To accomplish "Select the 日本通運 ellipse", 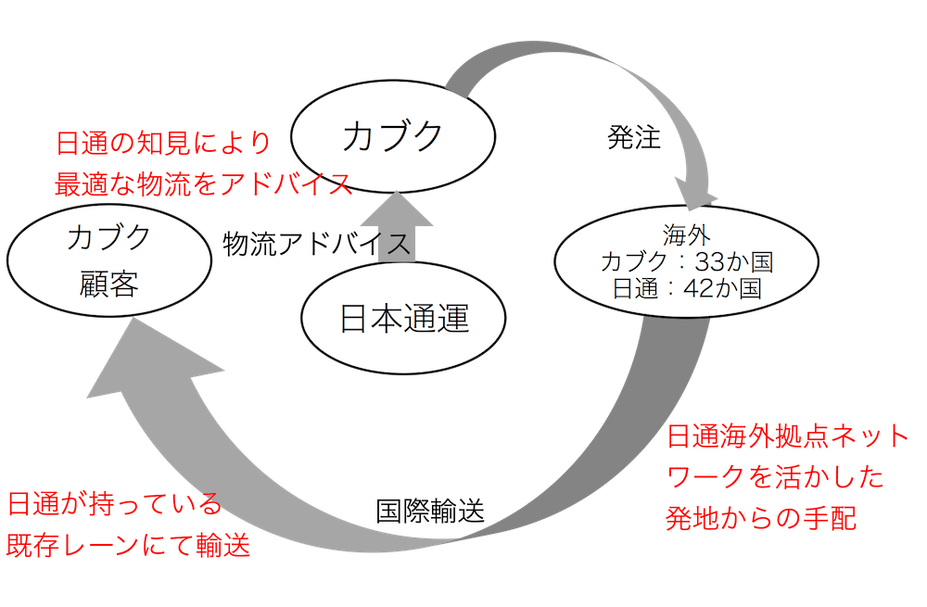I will click(x=404, y=319).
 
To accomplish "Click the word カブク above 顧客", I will click(x=108, y=238).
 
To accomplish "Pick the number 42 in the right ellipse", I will click(x=683, y=288).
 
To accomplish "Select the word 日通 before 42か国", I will click(x=634, y=288).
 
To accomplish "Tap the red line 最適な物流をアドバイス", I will click(x=204, y=183).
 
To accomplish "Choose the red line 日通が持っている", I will click(x=114, y=506).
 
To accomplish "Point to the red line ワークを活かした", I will click(x=774, y=478).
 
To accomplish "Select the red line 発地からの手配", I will click(x=762, y=518).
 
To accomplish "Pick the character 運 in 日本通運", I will click(x=453, y=320).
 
